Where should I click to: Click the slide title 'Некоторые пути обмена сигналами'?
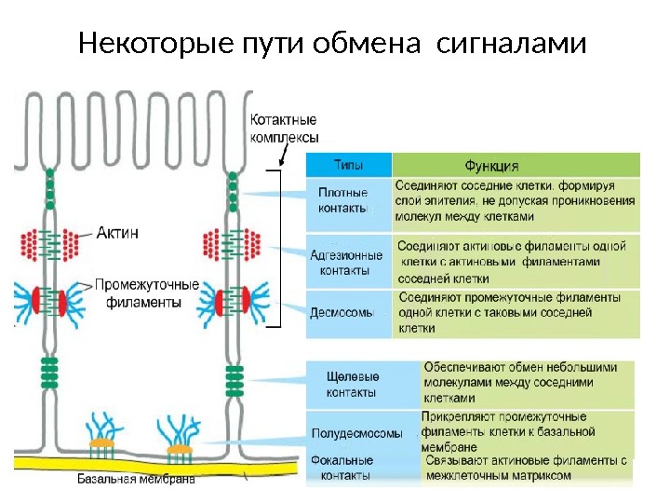(x=333, y=43)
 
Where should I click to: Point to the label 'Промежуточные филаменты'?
(x=146, y=293)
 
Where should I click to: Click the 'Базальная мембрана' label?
(x=135, y=481)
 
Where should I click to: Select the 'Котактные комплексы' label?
(x=285, y=128)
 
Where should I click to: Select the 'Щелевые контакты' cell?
(x=353, y=384)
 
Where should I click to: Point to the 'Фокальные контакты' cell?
(x=343, y=468)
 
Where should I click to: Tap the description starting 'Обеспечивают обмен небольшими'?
(x=520, y=382)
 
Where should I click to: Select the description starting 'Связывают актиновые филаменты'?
(x=526, y=468)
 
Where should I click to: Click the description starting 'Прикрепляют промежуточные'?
(x=508, y=432)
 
